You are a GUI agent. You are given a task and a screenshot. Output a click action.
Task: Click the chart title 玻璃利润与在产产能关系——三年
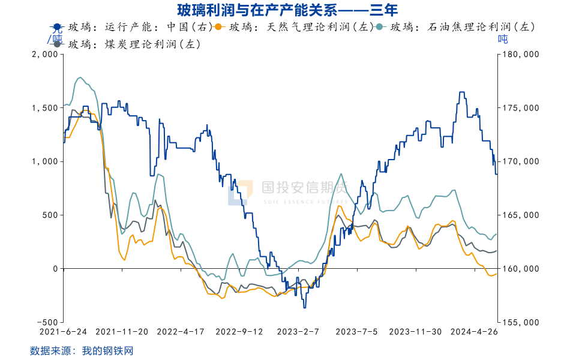click(287, 10)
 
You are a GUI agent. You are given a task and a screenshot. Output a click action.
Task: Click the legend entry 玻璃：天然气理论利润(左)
click(294, 27)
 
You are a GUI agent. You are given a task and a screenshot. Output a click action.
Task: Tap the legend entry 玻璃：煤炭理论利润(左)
click(126, 44)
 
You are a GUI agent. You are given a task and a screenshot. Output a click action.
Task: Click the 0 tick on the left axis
click(53, 269)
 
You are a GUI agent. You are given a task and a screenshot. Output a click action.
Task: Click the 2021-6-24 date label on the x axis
click(63, 331)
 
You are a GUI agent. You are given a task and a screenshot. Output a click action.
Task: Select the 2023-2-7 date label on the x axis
click(298, 331)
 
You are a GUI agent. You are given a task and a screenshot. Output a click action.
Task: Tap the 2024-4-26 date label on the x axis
click(474, 331)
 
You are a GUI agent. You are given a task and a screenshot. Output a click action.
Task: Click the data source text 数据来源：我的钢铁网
click(81, 350)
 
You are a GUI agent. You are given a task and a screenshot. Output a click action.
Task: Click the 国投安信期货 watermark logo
click(288, 191)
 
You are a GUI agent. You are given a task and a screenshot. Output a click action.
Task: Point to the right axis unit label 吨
click(503, 39)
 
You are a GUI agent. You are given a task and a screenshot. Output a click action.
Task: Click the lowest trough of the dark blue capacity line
click(305, 307)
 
